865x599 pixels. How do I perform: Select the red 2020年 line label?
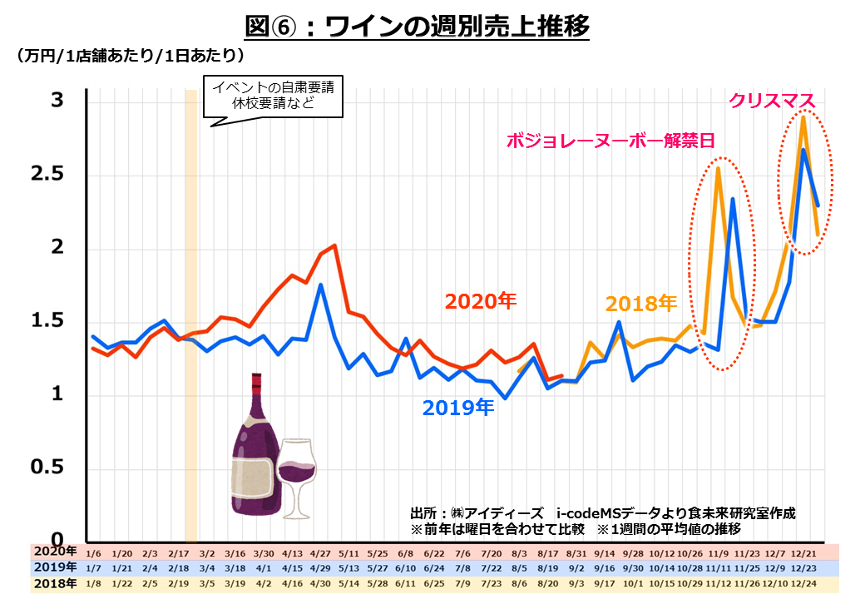tap(481, 300)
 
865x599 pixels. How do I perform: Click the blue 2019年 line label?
tap(458, 408)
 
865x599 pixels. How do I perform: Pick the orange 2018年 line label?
tap(641, 304)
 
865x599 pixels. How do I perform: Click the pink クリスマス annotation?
tap(773, 101)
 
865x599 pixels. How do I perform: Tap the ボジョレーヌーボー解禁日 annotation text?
tap(610, 141)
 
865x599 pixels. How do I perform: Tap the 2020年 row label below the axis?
tap(55, 552)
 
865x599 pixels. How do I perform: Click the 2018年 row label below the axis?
tap(55, 583)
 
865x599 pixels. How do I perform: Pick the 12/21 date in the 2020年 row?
tap(803, 553)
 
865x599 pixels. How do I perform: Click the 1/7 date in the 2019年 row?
tap(94, 568)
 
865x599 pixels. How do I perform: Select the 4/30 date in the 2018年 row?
tap(321, 584)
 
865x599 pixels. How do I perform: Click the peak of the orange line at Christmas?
tap(803, 117)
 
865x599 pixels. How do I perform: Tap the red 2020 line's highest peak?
tap(334, 245)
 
